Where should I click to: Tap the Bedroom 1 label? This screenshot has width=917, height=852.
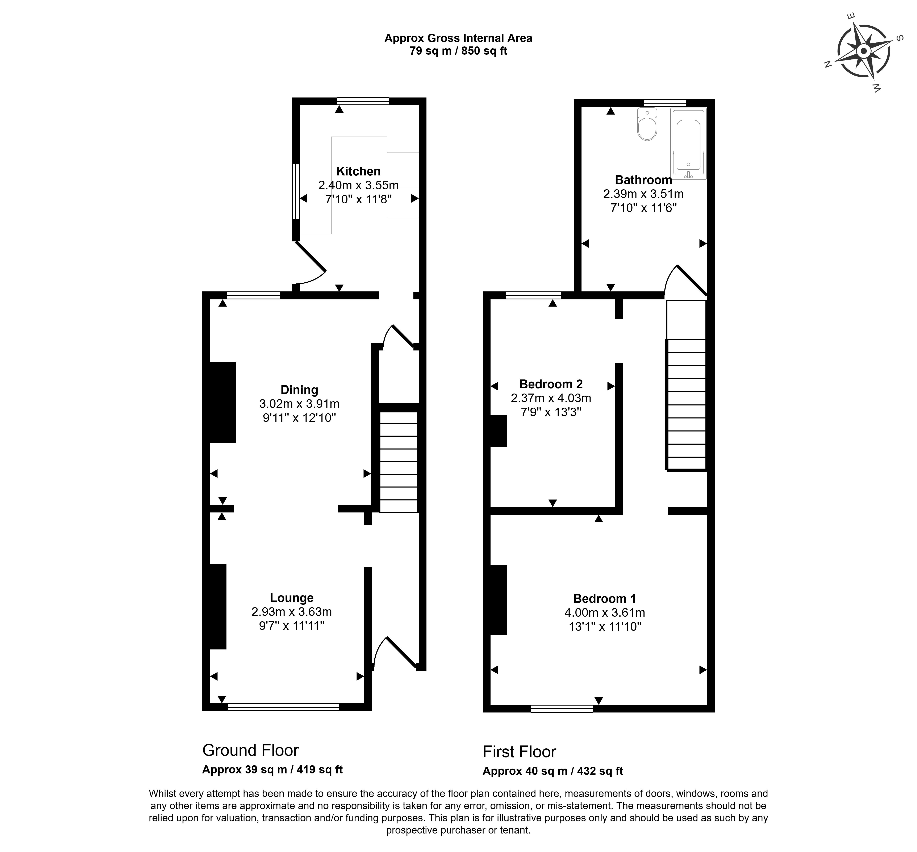click(604, 598)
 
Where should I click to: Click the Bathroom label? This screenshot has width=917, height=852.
click(643, 180)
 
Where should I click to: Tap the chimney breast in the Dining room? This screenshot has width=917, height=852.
click(223, 402)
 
